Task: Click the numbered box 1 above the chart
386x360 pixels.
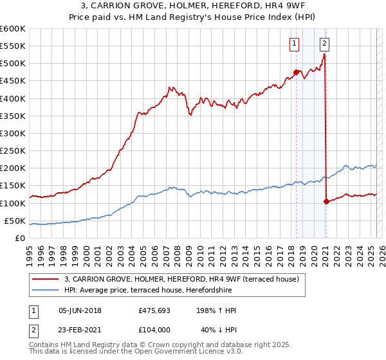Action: click(x=294, y=44)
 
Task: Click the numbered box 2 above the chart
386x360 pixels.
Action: click(x=324, y=44)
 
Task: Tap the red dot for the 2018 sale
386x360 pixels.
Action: click(x=297, y=72)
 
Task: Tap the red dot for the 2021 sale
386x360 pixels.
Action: click(x=326, y=201)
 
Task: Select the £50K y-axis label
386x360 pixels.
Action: click(x=15, y=221)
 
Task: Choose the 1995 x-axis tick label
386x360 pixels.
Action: click(x=30, y=251)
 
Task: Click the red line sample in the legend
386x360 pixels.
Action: click(x=45, y=279)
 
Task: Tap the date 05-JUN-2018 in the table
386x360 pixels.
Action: click(x=80, y=310)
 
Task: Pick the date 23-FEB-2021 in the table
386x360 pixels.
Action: click(x=80, y=329)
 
